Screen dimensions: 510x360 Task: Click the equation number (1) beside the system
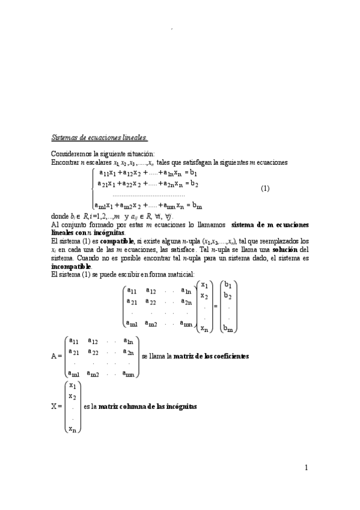click(265, 188)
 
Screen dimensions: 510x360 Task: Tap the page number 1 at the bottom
click(306, 468)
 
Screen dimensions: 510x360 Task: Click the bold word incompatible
click(72, 266)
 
